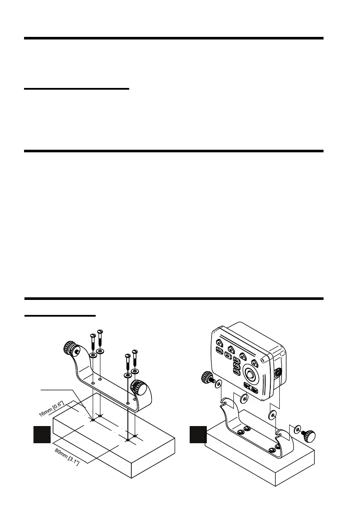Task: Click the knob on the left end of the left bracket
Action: click(x=69, y=348)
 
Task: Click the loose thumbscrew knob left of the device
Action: click(x=206, y=378)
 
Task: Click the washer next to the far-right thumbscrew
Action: click(x=298, y=430)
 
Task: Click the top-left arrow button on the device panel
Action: click(x=219, y=342)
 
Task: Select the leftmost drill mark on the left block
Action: click(x=93, y=420)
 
